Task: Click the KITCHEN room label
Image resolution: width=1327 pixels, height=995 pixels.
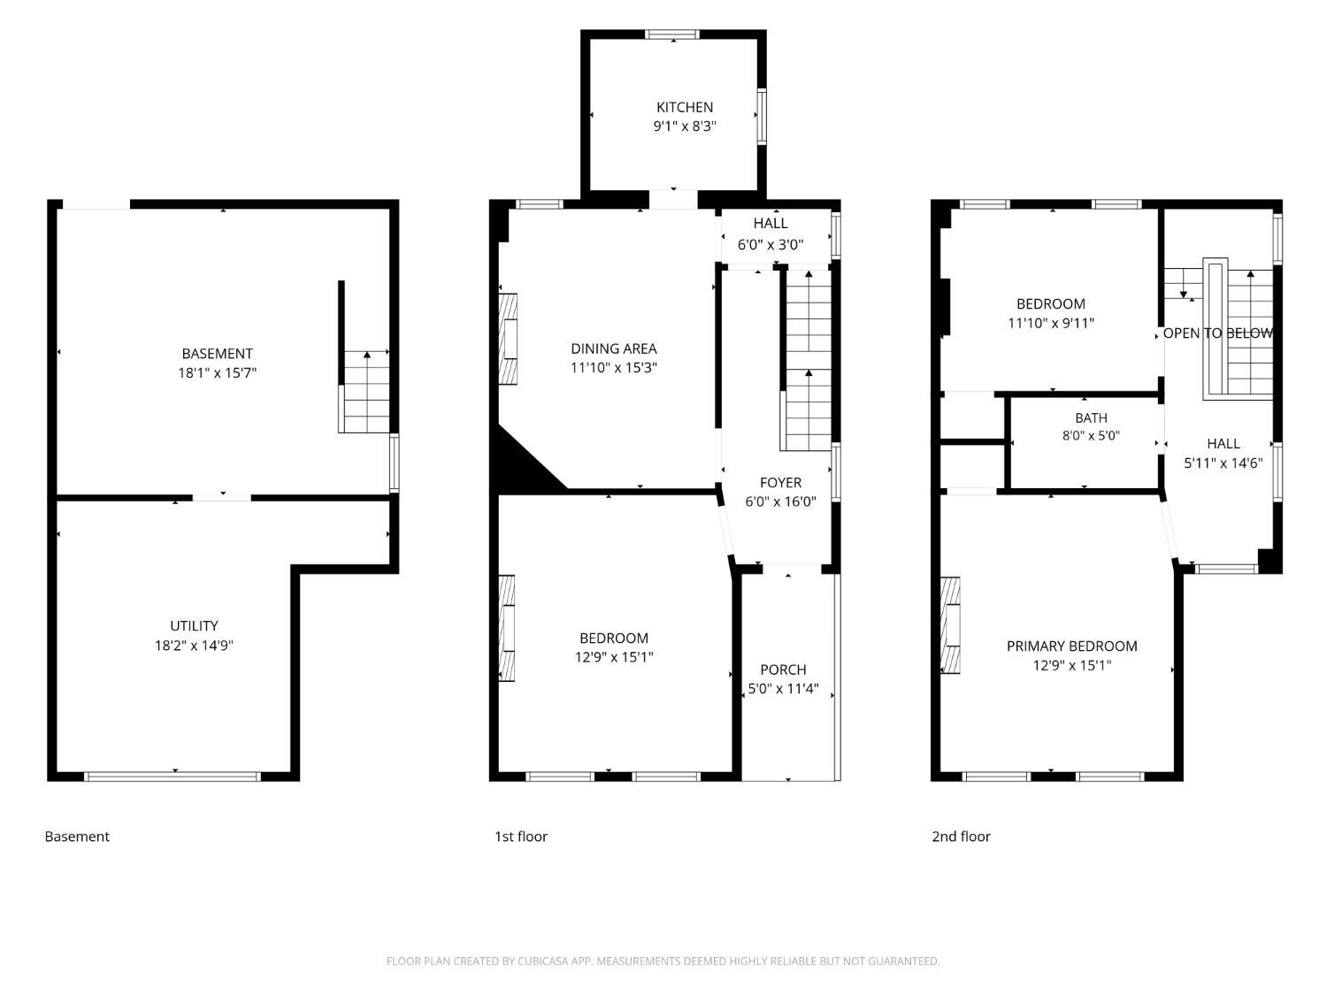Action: click(x=685, y=108)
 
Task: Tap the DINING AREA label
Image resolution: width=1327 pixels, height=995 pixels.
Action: click(x=614, y=348)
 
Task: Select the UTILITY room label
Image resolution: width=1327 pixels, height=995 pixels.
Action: click(x=194, y=626)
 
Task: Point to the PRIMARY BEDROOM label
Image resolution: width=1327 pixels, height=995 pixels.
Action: click(x=1072, y=646)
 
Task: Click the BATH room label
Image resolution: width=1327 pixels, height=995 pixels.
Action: click(x=1091, y=417)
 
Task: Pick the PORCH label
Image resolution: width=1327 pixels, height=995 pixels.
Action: click(x=783, y=670)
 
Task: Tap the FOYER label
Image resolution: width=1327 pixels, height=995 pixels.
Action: click(x=780, y=482)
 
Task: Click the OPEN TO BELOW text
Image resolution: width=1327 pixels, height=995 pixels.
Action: click(x=1217, y=333)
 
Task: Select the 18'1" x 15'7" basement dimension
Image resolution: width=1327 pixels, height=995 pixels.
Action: click(x=217, y=372)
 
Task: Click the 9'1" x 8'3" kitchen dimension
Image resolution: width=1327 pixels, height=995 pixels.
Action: click(x=685, y=126)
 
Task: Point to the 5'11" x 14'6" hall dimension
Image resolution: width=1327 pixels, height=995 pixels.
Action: click(x=1223, y=463)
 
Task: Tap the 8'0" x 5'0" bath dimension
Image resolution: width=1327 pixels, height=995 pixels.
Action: click(x=1091, y=435)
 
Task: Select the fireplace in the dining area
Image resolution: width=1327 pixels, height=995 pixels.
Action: click(x=508, y=339)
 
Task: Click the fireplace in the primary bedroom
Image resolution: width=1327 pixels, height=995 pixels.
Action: click(x=950, y=625)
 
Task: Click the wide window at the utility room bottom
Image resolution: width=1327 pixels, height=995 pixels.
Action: click(x=173, y=777)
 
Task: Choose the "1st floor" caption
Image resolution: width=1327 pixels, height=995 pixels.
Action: click(x=520, y=836)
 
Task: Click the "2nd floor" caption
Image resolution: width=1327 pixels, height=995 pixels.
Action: click(x=961, y=836)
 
